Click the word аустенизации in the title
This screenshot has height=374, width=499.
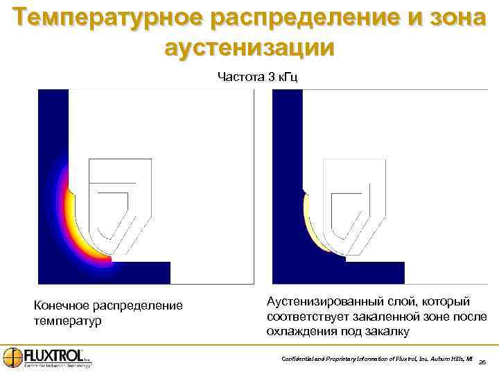pyautogui.click(x=249, y=47)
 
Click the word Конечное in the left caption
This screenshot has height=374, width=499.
pyautogui.click(x=62, y=305)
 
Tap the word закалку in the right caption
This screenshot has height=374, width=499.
pyautogui.click(x=388, y=332)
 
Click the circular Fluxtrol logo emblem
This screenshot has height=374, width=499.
pyautogui.click(x=12, y=357)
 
